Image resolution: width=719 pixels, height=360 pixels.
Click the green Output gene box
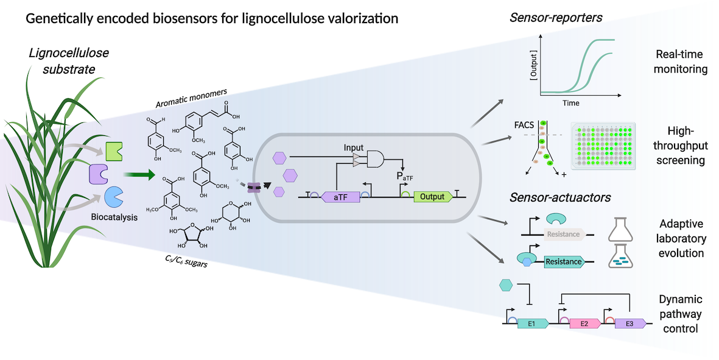(x=433, y=197)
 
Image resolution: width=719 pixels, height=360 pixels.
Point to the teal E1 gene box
(x=532, y=323)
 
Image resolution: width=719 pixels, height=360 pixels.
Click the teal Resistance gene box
(x=562, y=262)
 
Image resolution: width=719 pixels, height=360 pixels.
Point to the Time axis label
(x=570, y=104)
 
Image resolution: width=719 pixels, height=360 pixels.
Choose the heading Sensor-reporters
(x=555, y=18)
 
